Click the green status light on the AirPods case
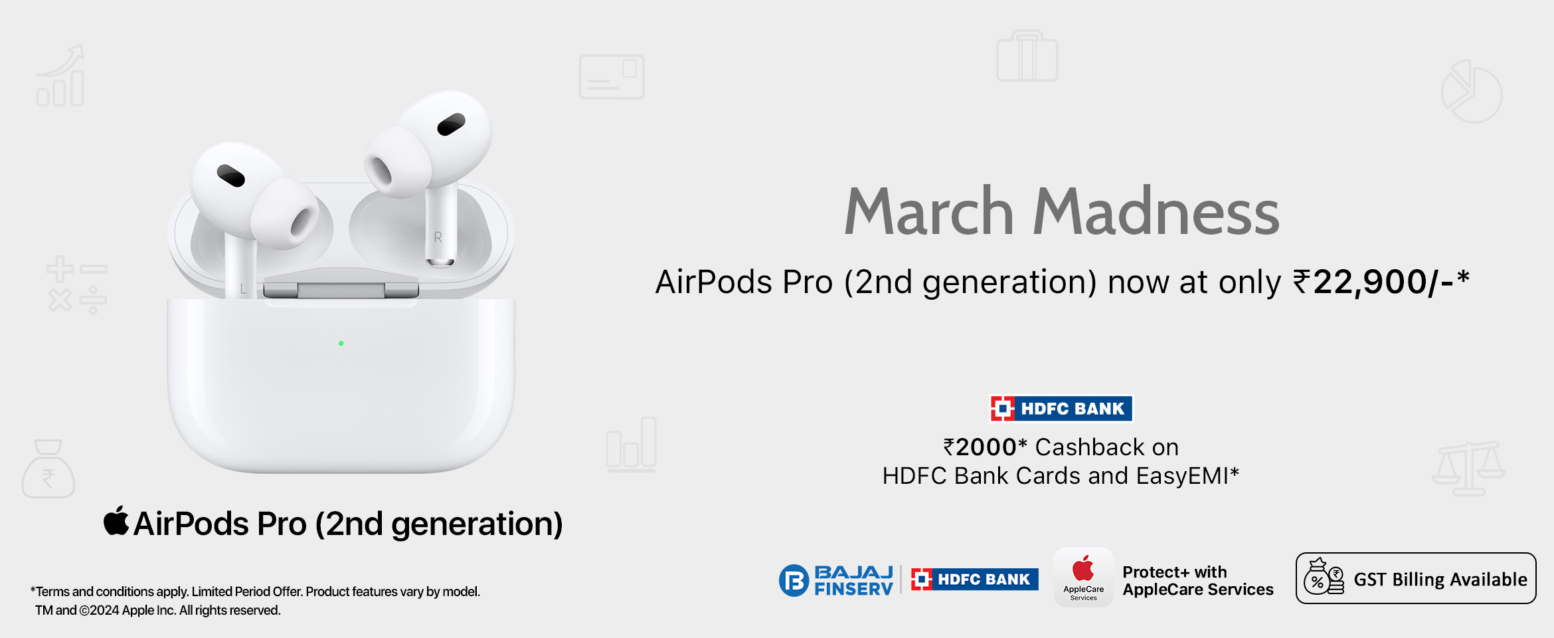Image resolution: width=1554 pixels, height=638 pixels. [341, 344]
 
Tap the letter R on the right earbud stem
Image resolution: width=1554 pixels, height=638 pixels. [438, 237]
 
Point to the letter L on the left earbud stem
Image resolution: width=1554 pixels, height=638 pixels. [244, 289]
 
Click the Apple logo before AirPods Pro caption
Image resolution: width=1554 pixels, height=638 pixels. [116, 520]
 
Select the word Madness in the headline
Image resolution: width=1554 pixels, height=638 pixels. [1156, 212]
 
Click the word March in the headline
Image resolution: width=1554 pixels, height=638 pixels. [928, 212]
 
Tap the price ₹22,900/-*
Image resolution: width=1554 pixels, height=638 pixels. [1381, 282]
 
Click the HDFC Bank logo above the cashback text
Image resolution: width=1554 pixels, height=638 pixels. [1061, 408]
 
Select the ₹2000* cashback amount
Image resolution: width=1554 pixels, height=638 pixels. [986, 447]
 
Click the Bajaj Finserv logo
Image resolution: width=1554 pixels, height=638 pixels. [836, 580]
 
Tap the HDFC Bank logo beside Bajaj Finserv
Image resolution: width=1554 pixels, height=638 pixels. [974, 580]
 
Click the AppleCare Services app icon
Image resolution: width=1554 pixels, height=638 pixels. [1083, 577]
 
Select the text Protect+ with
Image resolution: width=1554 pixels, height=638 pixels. [1175, 572]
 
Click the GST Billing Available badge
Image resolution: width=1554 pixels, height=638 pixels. [1416, 578]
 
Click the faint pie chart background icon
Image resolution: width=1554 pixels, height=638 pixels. [1472, 92]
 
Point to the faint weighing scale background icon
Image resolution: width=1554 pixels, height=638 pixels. [1469, 469]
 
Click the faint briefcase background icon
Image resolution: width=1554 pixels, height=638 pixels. [1027, 56]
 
